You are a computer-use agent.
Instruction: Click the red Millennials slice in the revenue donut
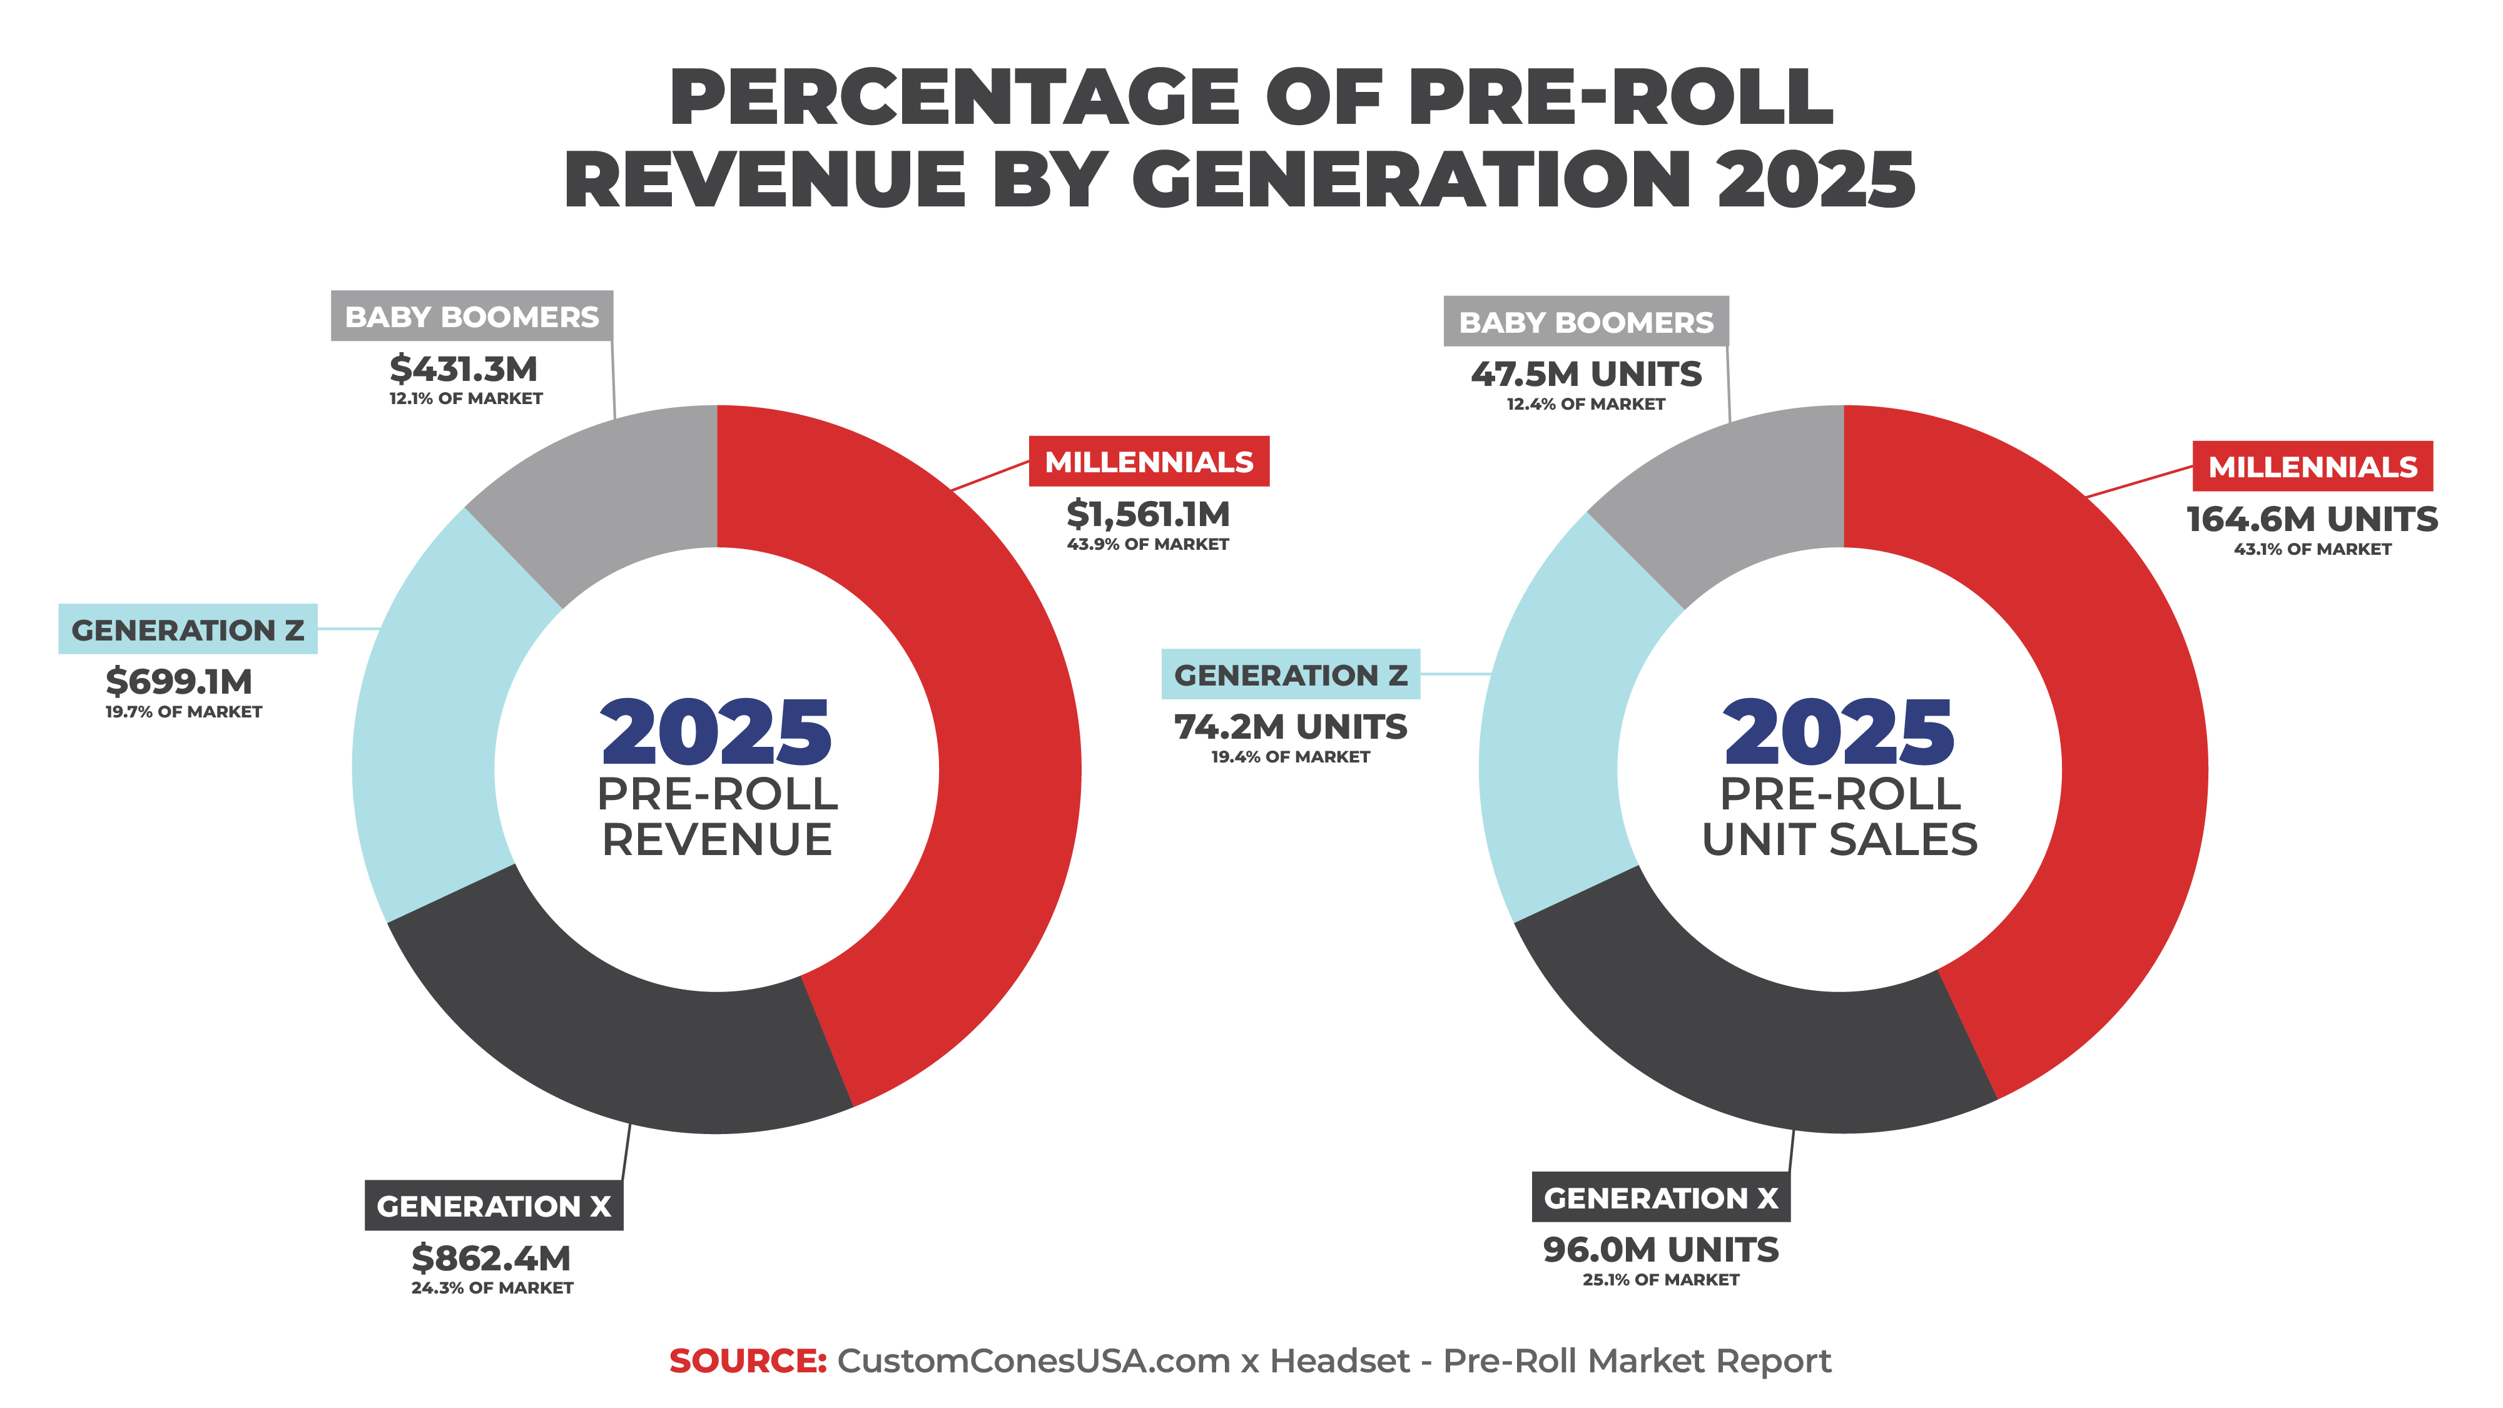coord(1001,739)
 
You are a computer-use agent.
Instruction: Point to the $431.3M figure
coord(464,369)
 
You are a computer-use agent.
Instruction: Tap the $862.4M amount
coord(490,1259)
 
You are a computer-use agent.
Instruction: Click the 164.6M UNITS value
coord(2312,519)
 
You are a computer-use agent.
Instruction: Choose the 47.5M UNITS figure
coord(1586,374)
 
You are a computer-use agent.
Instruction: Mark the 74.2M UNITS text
coord(1291,727)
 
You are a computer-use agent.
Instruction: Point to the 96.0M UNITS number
coord(1660,1250)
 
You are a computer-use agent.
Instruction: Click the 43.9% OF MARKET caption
coord(1147,544)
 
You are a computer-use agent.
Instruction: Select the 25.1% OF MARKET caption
coord(1660,1280)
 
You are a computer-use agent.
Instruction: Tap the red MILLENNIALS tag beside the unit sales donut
coord(2312,467)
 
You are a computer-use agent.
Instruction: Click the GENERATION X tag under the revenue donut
coord(494,1206)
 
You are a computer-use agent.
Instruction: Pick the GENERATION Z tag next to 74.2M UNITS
coord(1291,674)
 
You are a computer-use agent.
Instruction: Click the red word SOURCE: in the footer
coord(747,1360)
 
